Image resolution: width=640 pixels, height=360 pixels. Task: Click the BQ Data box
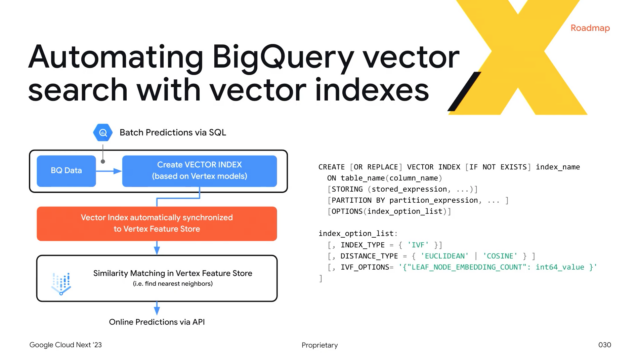68,171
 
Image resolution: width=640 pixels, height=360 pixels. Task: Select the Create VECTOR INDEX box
197,171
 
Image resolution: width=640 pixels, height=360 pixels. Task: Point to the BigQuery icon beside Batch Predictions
102,131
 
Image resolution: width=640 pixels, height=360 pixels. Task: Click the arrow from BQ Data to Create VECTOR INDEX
110,171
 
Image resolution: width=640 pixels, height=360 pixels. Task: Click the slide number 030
604,345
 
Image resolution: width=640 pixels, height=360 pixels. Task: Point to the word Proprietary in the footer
319,345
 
